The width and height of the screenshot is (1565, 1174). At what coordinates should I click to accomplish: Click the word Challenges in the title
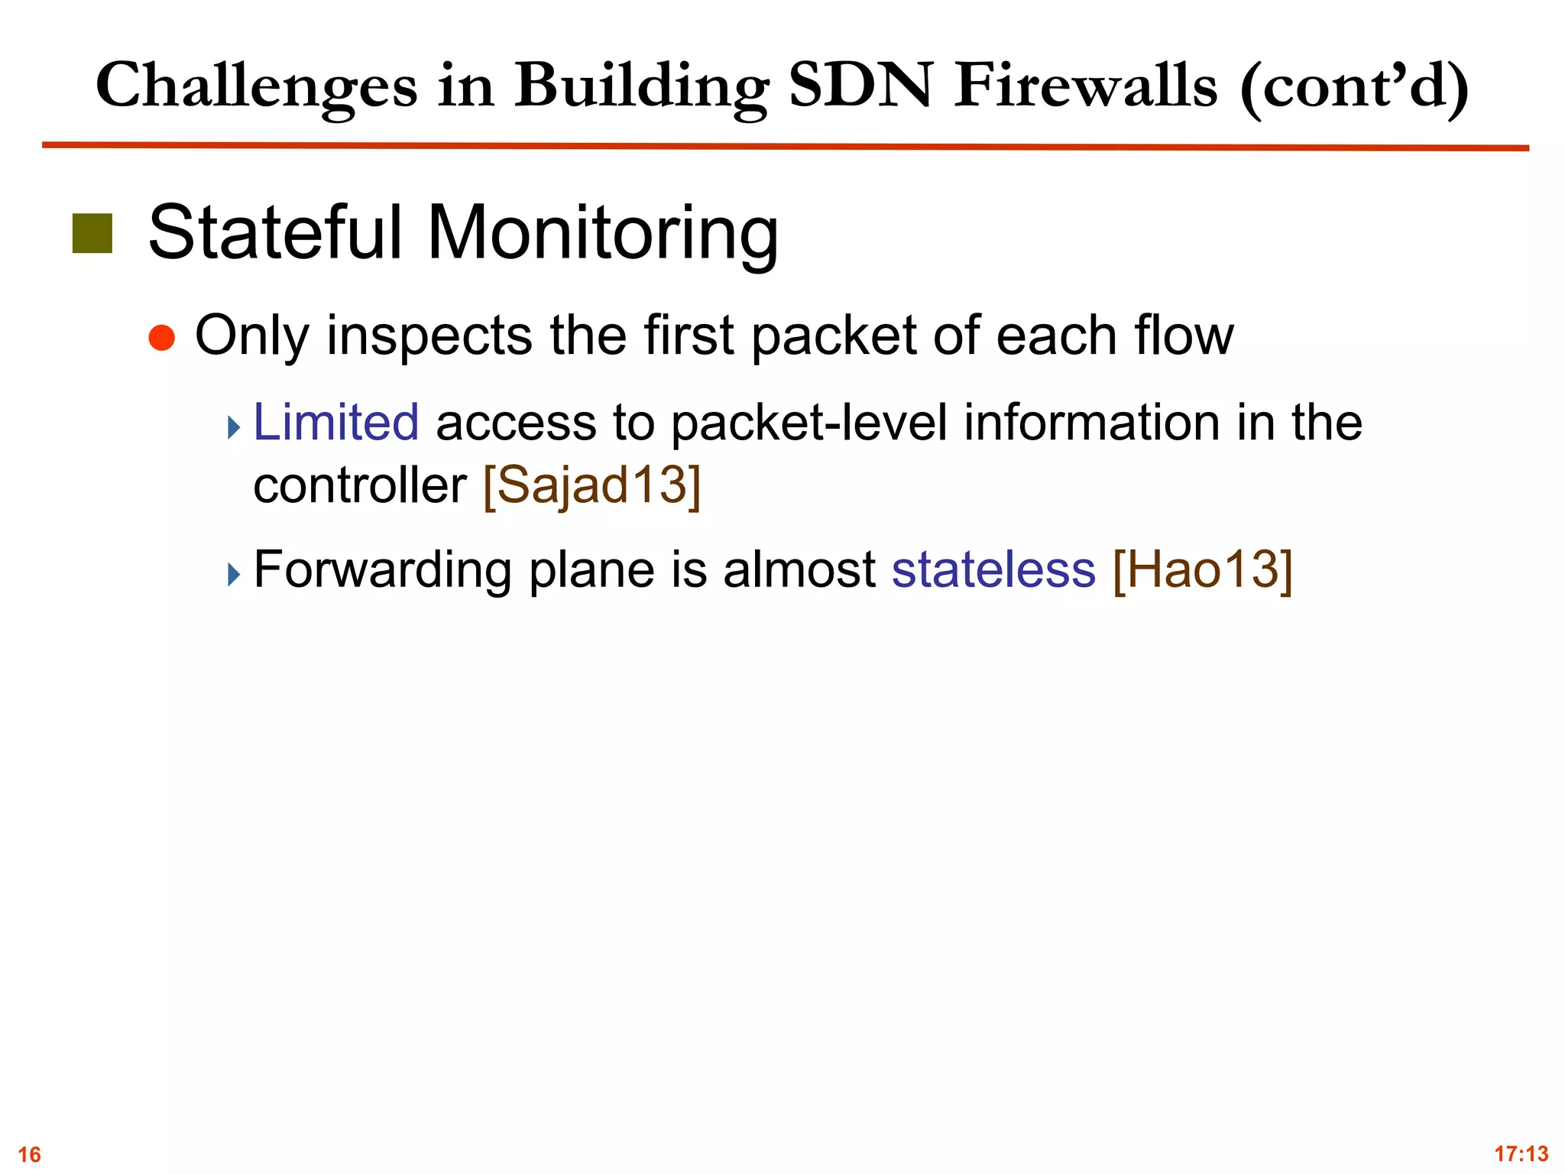256,87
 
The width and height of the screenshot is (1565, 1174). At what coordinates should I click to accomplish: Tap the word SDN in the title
860,86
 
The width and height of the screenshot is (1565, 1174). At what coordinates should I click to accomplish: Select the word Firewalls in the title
1085,86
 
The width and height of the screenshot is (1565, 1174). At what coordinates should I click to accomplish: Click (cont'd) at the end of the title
1353,87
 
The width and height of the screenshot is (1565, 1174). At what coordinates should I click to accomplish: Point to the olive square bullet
92,233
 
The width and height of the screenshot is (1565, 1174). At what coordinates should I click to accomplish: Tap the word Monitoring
602,233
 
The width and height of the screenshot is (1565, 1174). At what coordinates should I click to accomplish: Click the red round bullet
162,337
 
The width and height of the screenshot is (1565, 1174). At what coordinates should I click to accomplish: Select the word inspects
429,336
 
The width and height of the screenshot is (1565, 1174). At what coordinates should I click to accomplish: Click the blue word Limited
335,422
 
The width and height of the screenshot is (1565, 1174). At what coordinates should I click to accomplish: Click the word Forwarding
382,570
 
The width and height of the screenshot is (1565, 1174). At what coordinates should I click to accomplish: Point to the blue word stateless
993,569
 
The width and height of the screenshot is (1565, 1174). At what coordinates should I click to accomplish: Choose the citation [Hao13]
1203,569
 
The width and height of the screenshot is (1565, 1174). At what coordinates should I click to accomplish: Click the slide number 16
29,1153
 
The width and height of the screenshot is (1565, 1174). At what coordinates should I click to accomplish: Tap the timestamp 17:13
1521,1153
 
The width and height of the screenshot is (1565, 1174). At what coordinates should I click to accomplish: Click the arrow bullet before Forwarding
234,575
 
